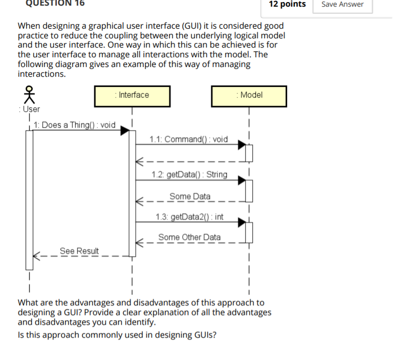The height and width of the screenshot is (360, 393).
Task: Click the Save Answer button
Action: (342, 5)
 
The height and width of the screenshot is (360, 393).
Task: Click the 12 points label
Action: (287, 5)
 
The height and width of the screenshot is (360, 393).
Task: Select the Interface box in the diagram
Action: (133, 96)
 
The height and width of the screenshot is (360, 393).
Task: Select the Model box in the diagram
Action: (249, 96)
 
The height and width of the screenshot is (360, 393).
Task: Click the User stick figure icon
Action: (29, 95)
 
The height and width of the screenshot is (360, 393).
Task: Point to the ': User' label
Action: (29, 109)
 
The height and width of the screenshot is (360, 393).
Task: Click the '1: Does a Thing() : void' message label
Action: (75, 125)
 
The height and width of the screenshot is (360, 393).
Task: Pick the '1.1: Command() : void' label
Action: (189, 139)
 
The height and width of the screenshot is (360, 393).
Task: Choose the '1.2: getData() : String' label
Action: (189, 174)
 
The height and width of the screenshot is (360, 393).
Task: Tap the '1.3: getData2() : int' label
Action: (190, 217)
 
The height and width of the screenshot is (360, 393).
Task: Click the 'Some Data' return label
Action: (190, 196)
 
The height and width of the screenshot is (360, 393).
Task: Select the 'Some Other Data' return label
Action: (189, 237)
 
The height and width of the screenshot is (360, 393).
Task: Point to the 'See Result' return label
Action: (79, 251)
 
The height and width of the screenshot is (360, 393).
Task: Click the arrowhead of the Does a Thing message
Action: (124, 131)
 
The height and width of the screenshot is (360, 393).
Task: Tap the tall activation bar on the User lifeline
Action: (30, 199)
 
